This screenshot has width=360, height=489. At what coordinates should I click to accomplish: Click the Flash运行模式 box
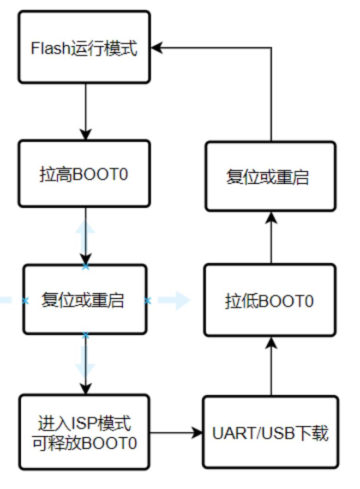[84, 47]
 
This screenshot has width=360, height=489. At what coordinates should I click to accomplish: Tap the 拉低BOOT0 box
[270, 301]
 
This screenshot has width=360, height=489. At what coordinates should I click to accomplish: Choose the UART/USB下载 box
[270, 433]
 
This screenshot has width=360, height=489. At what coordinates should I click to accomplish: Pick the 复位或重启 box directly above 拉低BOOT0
[270, 176]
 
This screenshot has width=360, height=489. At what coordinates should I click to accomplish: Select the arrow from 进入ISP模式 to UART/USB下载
[175, 433]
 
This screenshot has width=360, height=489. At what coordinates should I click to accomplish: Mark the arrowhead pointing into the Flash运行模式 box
[158, 47]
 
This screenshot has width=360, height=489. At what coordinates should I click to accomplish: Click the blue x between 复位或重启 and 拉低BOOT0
[148, 301]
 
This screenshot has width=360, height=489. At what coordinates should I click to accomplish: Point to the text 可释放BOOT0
[84, 443]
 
